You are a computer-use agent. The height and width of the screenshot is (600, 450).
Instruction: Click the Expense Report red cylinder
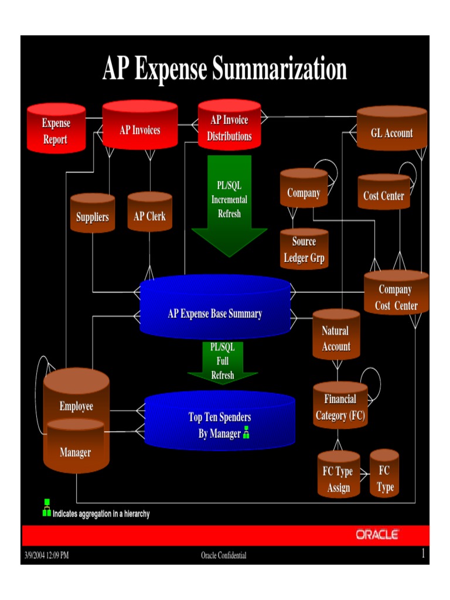(x=56, y=130)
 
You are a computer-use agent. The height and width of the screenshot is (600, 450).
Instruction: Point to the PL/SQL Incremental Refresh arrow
(x=229, y=202)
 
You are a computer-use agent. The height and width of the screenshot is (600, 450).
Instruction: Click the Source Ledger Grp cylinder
(x=304, y=250)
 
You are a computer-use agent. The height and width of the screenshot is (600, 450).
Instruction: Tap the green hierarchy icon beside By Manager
(x=247, y=432)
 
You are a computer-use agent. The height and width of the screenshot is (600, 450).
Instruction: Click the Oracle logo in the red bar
(x=377, y=534)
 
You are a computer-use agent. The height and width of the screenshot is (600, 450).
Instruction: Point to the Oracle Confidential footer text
(x=224, y=555)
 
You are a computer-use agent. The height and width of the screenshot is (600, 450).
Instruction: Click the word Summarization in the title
(x=279, y=69)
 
